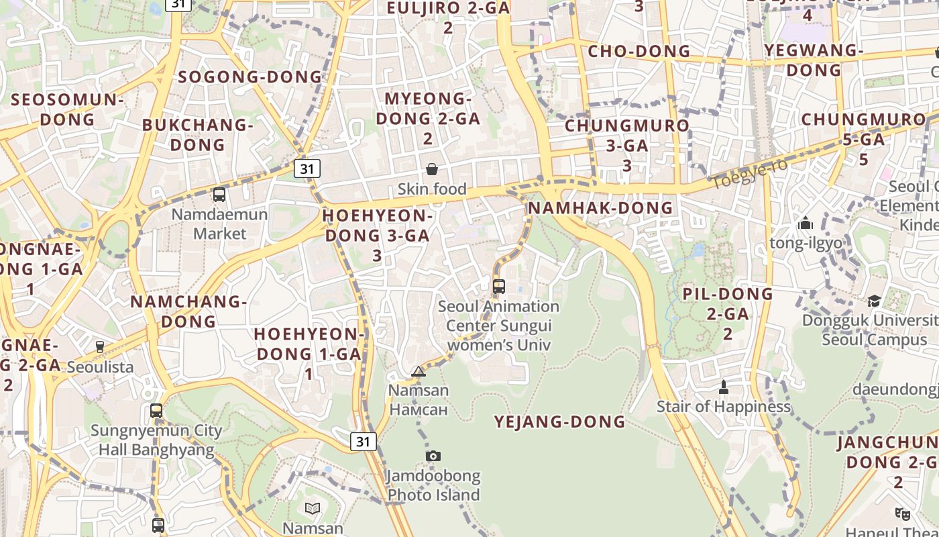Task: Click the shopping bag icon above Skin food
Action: (432, 169)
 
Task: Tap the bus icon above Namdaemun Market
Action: (219, 195)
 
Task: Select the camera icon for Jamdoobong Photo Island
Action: (433, 456)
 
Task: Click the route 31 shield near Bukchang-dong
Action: (307, 168)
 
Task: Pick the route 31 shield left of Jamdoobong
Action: (363, 441)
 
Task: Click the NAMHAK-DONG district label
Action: (600, 207)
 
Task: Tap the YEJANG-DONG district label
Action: (560, 422)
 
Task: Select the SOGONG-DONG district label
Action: (250, 77)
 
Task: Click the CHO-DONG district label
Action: (639, 51)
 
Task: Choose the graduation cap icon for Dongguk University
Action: (874, 301)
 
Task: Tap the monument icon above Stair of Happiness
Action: (723, 387)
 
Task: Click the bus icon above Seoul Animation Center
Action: (498, 287)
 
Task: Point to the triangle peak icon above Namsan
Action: (419, 371)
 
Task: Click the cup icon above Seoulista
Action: (100, 347)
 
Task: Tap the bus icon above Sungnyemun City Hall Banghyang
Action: (156, 411)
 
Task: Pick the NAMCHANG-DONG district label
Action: (189, 311)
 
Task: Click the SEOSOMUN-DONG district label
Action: (68, 109)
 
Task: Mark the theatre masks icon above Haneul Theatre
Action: (903, 514)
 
